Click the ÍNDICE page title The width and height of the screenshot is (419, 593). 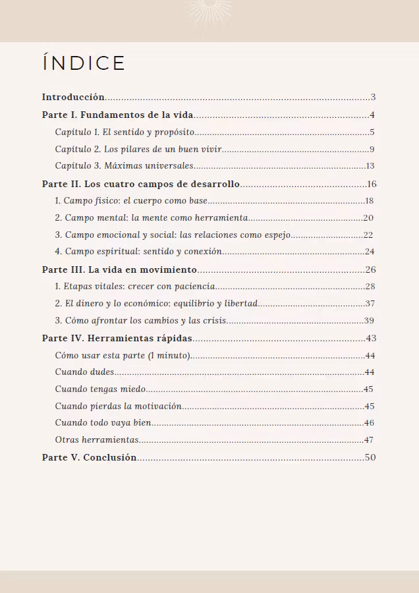pos(84,63)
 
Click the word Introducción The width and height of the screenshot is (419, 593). pos(73,98)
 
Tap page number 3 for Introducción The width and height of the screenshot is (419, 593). pos(373,98)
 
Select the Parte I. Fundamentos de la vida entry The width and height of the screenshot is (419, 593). pos(117,115)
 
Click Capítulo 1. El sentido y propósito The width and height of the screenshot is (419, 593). pos(125,132)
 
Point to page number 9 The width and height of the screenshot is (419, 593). pos(372,150)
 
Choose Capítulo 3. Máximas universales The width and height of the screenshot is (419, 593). pos(124,166)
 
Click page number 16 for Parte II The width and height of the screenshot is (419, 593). pos(372,184)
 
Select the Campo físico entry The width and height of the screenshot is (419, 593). pos(131,201)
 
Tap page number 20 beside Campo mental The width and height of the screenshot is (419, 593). pos(369,218)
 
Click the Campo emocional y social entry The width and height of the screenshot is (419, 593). pos(173,235)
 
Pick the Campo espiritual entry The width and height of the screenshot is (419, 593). pos(138,252)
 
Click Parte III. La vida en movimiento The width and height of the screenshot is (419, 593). pos(119,269)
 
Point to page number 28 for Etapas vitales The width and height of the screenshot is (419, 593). pos(370,287)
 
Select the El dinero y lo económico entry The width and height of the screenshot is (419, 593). pos(156,304)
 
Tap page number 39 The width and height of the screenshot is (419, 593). pos(369,321)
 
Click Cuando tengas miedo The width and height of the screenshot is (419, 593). pos(100,389)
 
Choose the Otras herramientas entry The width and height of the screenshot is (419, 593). pos(97,440)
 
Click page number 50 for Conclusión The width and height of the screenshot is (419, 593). pos(370,457)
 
